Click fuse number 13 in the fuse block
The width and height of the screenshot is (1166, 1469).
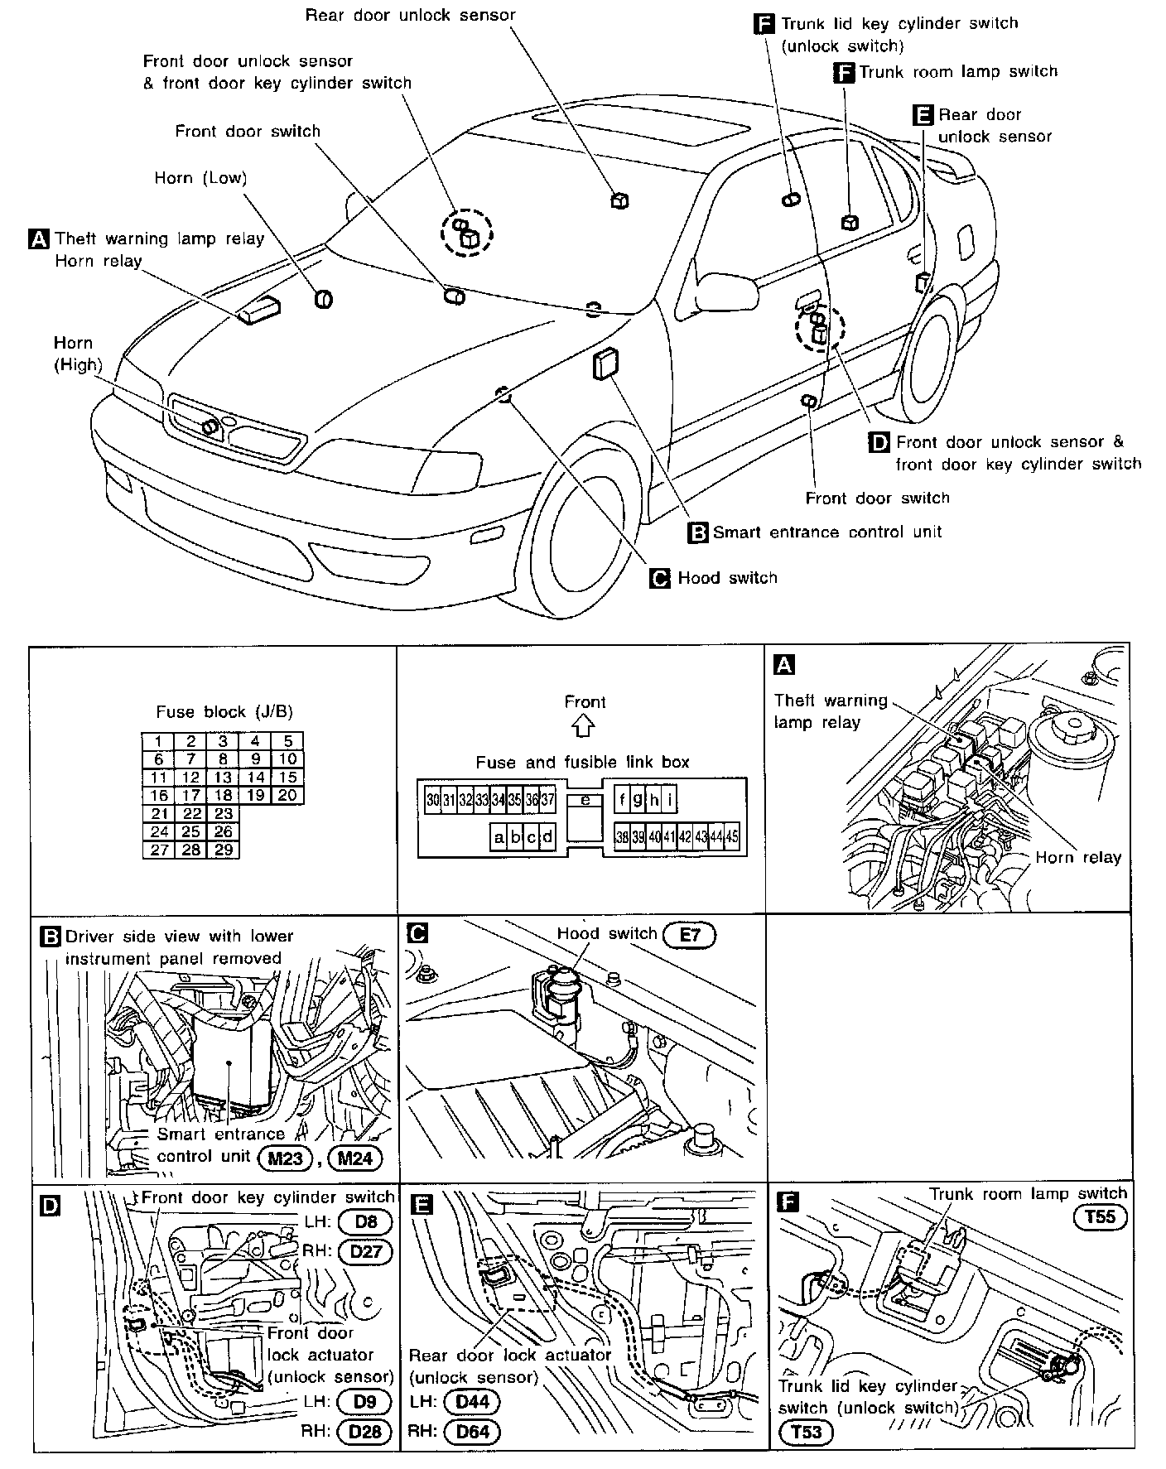pyautogui.click(x=223, y=777)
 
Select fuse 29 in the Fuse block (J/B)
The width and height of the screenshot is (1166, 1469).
pyautogui.click(x=223, y=850)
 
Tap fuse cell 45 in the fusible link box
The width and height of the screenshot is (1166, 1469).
pyautogui.click(x=732, y=837)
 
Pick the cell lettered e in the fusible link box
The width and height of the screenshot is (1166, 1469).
pyautogui.click(x=585, y=800)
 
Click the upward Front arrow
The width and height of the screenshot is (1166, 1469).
pyautogui.click(x=585, y=726)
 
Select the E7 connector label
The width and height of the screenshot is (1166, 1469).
pyautogui.click(x=689, y=935)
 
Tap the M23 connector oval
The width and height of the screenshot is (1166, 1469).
pyautogui.click(x=285, y=1158)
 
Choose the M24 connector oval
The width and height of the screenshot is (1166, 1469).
pyautogui.click(x=355, y=1158)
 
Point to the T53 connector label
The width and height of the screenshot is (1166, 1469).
pyautogui.click(x=806, y=1431)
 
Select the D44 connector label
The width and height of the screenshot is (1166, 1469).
pyautogui.click(x=473, y=1402)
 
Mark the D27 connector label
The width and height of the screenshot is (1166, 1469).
pyautogui.click(x=365, y=1251)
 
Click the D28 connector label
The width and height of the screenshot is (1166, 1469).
pyautogui.click(x=364, y=1432)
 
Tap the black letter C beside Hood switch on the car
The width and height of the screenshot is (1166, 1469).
pyautogui.click(x=661, y=578)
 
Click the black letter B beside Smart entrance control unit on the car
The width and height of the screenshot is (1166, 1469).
pyautogui.click(x=698, y=532)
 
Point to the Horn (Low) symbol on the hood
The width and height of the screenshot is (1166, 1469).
pyautogui.click(x=324, y=299)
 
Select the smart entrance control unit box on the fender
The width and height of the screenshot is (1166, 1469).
pyautogui.click(x=605, y=364)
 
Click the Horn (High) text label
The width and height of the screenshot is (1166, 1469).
pyautogui.click(x=77, y=354)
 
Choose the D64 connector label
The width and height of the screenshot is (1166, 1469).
pyautogui.click(x=473, y=1432)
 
